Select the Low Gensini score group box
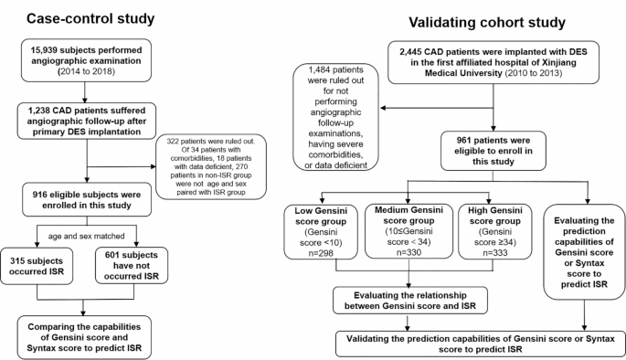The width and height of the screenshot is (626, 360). tap(324, 237)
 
